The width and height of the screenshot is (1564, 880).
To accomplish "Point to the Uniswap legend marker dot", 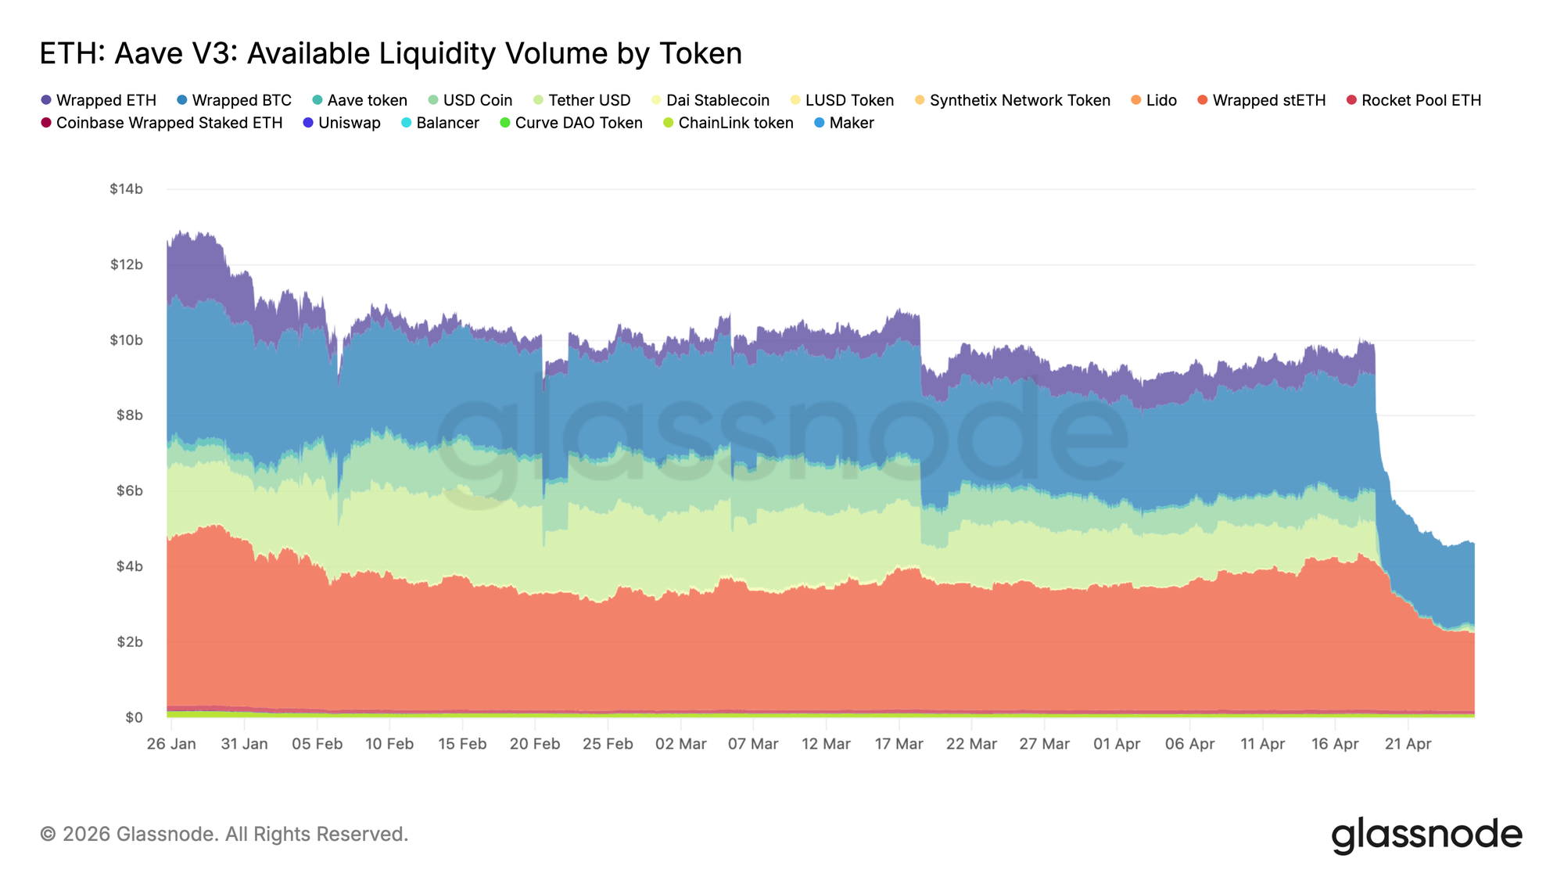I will [308, 123].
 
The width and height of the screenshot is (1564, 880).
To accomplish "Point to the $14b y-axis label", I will [126, 189].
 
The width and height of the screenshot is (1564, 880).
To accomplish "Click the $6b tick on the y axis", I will [129, 490].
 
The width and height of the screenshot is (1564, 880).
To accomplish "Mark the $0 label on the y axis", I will [134, 717].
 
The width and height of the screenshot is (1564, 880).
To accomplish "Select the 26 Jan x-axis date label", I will [171, 744].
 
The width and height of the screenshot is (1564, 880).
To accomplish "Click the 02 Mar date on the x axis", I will [680, 744].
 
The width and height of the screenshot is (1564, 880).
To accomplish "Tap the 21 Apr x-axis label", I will [1408, 744].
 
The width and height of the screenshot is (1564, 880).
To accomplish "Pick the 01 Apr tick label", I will [1117, 744].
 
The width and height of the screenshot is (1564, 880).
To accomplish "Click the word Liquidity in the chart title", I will [437, 53].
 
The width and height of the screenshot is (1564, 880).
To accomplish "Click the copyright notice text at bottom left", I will [224, 834].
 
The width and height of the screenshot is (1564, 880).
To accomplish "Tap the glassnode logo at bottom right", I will [1426, 835].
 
